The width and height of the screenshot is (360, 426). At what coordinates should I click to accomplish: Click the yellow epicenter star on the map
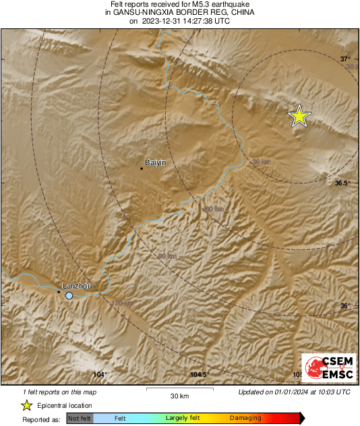[299, 116]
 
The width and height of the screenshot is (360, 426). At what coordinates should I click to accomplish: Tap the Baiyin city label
[155, 162]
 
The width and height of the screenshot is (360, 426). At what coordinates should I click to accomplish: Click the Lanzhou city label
[76, 286]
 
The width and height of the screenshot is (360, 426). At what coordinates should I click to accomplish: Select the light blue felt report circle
[69, 295]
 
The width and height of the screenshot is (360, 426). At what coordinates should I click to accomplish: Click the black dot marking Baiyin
[142, 168]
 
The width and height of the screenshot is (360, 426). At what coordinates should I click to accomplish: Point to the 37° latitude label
[345, 59]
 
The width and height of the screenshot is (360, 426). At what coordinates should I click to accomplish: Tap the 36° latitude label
[345, 306]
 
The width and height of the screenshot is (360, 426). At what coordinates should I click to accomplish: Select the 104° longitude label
[100, 375]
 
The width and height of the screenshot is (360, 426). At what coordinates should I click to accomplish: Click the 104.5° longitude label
[200, 375]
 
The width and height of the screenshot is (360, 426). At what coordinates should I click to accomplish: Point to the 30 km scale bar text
[179, 395]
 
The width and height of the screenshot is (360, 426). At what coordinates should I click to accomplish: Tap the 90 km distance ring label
[167, 256]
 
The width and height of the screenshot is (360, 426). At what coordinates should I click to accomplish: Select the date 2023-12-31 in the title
[161, 20]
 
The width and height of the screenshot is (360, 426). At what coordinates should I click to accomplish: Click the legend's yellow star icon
[26, 405]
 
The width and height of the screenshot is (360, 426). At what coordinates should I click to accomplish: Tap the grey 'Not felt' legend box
[80, 419]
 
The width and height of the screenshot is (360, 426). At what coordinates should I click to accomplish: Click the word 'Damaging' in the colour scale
[245, 419]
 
